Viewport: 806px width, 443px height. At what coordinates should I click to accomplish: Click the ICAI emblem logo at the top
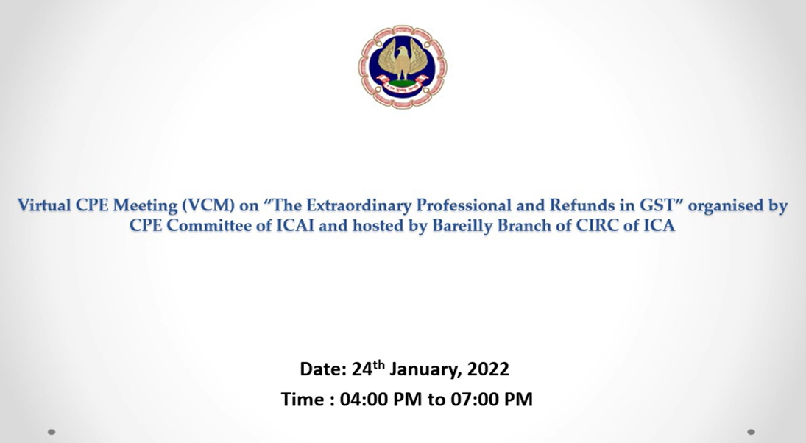[403, 67]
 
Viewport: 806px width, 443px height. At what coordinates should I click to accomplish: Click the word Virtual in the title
[45, 205]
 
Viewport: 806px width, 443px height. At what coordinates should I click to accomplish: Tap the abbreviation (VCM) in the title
[207, 205]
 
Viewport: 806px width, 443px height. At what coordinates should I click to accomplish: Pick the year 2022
[488, 369]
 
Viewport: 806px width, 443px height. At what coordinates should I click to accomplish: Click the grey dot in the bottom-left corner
[52, 432]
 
